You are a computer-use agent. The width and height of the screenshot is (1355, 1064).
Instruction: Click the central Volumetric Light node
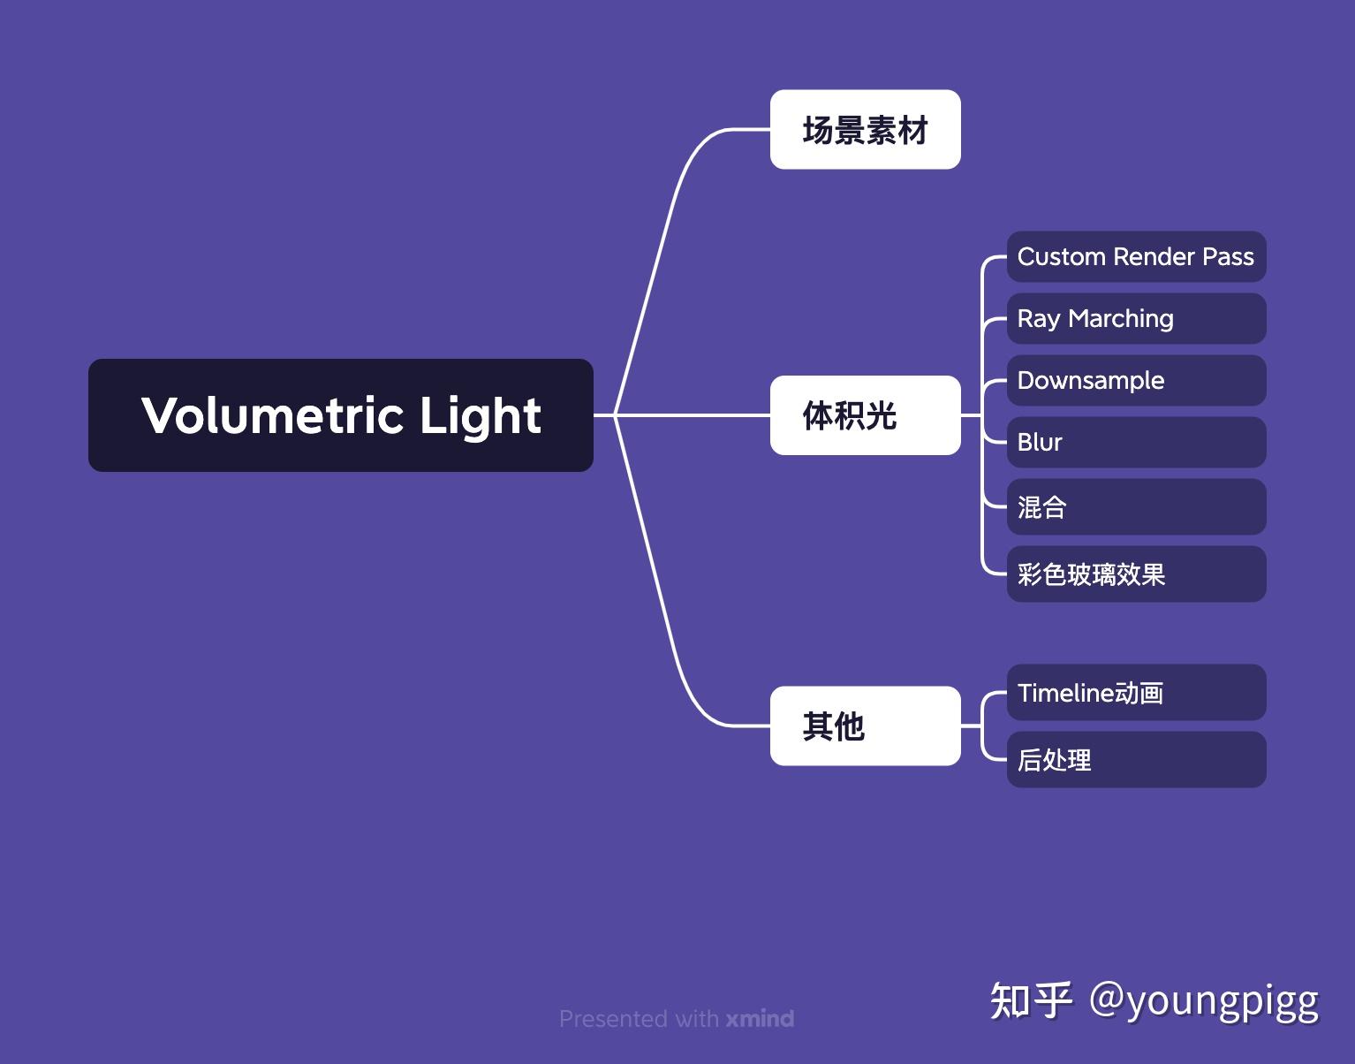[x=340, y=414]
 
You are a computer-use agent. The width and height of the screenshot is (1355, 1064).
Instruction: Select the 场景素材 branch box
[x=865, y=130]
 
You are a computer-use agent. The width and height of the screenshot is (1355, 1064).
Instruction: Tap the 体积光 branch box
[x=865, y=415]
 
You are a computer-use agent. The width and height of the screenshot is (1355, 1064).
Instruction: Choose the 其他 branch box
[x=865, y=726]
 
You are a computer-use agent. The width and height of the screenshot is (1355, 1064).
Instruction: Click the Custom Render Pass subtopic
[x=1136, y=257]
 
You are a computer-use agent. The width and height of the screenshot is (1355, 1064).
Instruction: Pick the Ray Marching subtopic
[x=1136, y=319]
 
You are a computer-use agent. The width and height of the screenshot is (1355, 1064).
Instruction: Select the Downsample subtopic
[x=1136, y=381]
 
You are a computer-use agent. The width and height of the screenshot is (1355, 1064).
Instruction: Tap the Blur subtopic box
[x=1136, y=443]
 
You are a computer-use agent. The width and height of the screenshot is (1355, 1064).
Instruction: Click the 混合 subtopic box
[x=1136, y=507]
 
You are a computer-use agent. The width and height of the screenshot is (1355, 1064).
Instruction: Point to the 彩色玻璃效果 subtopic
[x=1136, y=574]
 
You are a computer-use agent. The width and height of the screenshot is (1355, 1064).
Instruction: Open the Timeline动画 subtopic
[x=1136, y=693]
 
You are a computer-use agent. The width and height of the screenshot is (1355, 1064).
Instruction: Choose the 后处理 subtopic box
[x=1136, y=760]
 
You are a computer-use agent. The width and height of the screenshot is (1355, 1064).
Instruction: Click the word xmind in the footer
[x=760, y=1019]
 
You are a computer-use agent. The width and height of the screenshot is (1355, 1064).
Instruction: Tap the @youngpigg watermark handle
[x=1203, y=1000]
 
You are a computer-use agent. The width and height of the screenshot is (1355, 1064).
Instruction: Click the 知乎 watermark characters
[x=1031, y=1000]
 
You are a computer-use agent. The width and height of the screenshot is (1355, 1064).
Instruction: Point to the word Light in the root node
[x=480, y=416]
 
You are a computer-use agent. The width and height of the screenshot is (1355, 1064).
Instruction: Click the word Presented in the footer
[x=613, y=1019]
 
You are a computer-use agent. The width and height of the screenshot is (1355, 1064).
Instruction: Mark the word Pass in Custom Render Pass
[x=1228, y=257]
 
